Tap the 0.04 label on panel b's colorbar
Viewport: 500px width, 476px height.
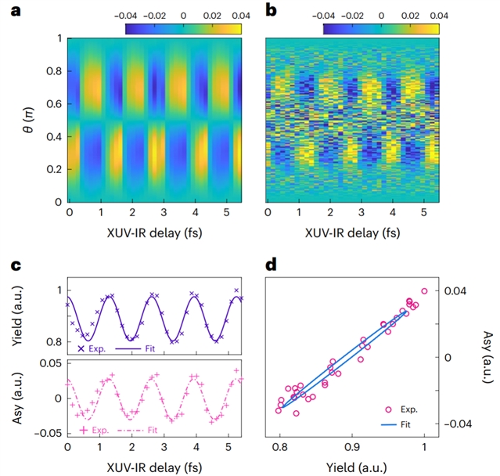point(439,14)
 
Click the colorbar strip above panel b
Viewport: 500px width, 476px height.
point(380,29)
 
